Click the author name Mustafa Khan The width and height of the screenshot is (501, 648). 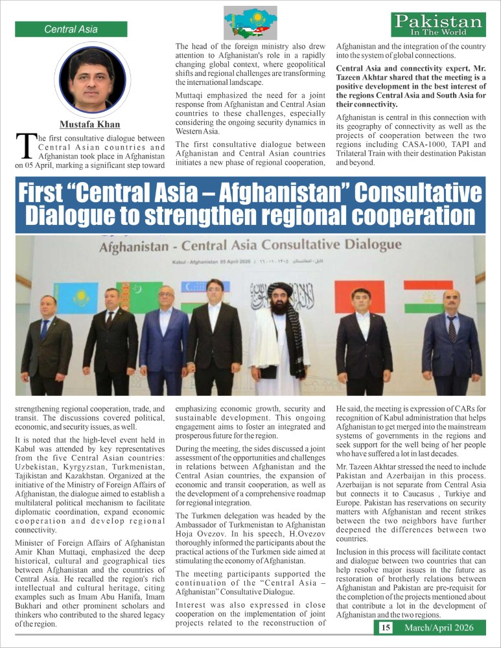pyautogui.click(x=90, y=124)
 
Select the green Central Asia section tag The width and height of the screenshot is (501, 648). pyautogui.click(x=71, y=29)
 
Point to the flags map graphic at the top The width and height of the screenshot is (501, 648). pyautogui.click(x=250, y=23)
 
